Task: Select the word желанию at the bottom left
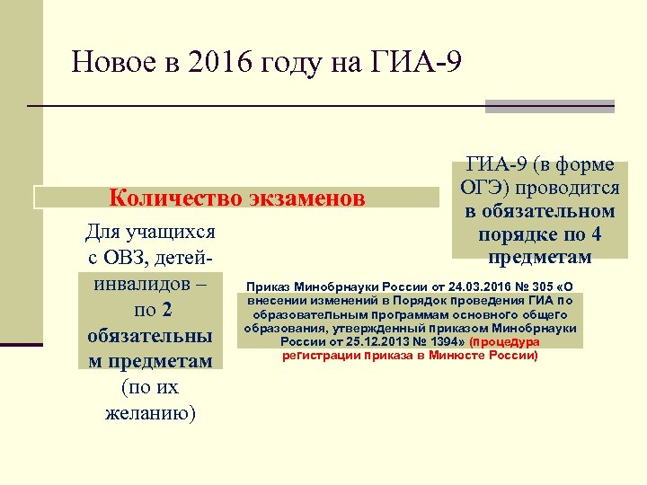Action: coord(150,413)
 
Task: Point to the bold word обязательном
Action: coord(540,212)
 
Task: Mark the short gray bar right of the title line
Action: coord(549,106)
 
